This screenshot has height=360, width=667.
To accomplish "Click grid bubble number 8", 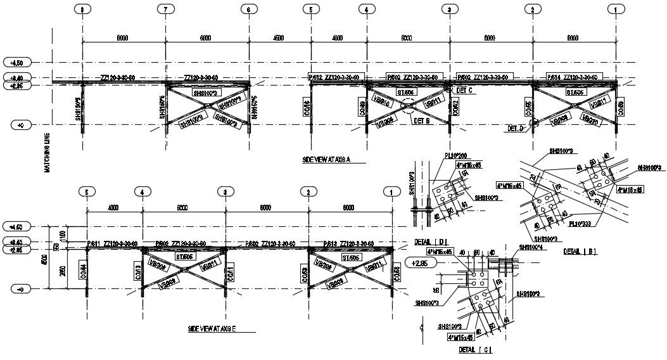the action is click(x=82, y=9).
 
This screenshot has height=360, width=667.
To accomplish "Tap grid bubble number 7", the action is click(x=165, y=9).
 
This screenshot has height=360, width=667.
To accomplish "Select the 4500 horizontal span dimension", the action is click(x=278, y=38).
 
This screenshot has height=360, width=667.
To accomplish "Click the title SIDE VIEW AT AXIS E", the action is click(x=212, y=329).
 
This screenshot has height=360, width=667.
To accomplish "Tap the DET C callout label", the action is click(x=465, y=91).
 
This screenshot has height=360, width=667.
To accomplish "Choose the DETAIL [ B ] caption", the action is click(x=579, y=251).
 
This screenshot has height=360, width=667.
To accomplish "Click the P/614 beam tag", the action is click(x=552, y=77).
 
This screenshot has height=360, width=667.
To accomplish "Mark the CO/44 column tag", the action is click(x=84, y=272).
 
